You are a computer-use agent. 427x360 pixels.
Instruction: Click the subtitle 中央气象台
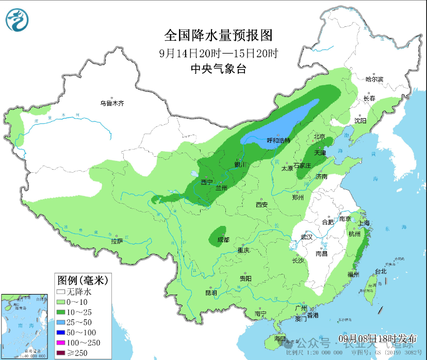pos(218,69)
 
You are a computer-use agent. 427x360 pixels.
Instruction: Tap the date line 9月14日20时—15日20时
pos(218,53)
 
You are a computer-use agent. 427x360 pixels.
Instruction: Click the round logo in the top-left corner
pos(17,20)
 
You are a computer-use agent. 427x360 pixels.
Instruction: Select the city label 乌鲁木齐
pos(112,103)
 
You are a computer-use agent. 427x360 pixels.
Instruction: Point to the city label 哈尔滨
pos(374,79)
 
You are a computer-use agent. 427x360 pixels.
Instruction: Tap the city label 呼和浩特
pos(278,140)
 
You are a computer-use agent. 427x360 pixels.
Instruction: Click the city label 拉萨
pos(117,241)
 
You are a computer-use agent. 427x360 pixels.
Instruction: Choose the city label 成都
pos(224,239)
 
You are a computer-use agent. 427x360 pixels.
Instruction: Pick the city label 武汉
pos(307,237)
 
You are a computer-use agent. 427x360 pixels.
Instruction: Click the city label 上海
pos(364,223)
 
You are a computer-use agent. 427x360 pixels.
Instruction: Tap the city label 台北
pos(381,271)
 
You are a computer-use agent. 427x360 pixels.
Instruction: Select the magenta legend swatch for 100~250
pos(61,342)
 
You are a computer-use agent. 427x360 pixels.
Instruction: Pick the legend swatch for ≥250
pos(61,353)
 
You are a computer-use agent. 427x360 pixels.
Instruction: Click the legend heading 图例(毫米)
pos(81,281)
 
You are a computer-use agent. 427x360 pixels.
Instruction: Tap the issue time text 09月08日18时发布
pos(377,338)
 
